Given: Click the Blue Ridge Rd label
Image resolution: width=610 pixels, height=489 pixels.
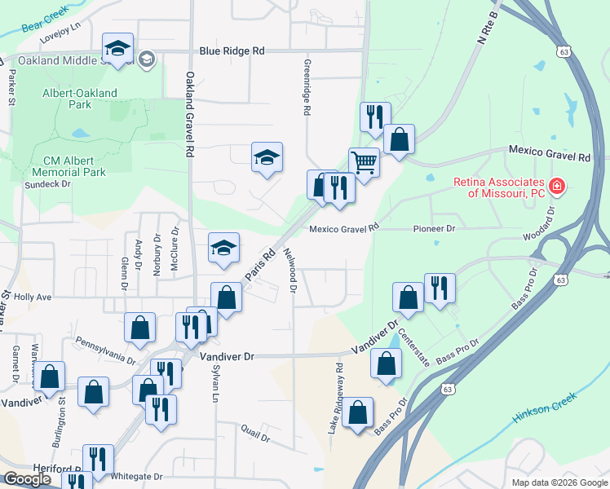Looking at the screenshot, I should click(232, 51).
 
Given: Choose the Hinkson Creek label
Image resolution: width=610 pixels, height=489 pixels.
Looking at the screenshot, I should click(545, 406).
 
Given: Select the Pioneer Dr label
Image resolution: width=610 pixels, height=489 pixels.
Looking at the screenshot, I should click(434, 229).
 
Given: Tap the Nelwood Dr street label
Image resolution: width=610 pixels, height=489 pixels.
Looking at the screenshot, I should click(291, 270).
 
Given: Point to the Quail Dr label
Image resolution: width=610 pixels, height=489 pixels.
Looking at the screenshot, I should click(254, 432).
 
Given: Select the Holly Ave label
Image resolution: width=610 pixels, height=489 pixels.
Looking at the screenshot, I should click(33, 298).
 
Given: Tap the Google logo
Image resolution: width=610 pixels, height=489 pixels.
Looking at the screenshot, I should click(27, 478).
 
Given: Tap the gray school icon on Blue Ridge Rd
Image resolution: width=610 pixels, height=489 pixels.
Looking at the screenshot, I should click(147, 58).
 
